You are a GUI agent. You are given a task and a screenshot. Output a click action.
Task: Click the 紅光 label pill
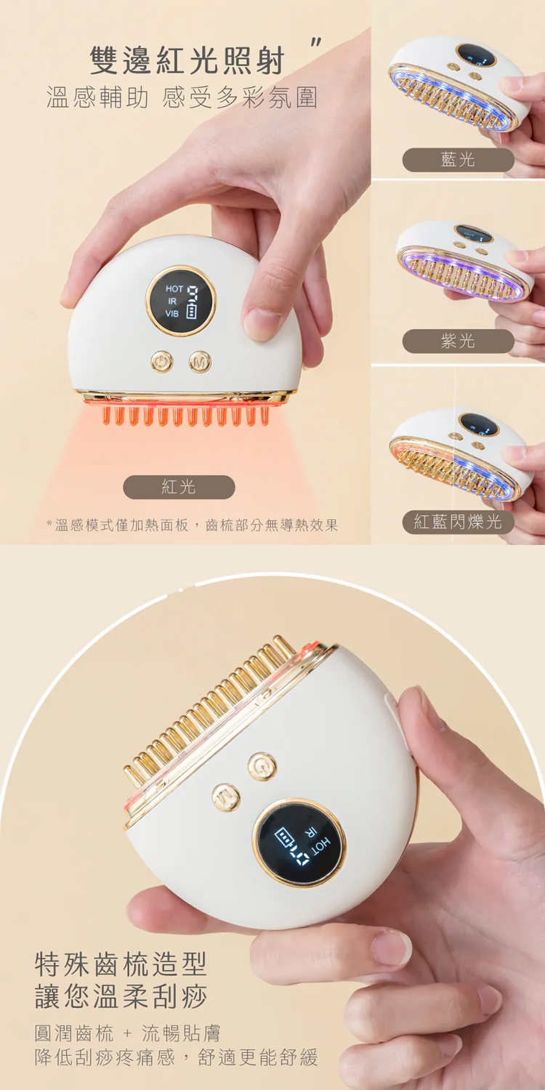[x=179, y=487]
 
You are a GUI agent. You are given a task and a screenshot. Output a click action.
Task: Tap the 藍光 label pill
[x=458, y=160]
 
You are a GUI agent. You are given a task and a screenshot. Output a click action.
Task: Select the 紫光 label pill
[x=458, y=341]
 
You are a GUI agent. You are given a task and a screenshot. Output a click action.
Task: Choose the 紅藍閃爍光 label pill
[x=458, y=522]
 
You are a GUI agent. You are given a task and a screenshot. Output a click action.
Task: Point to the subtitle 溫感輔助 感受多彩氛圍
[x=182, y=98]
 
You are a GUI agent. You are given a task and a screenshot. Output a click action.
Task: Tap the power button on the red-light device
[x=162, y=362]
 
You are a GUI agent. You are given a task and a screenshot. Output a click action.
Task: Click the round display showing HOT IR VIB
[x=180, y=301]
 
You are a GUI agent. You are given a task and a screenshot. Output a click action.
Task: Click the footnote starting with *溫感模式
[x=192, y=525]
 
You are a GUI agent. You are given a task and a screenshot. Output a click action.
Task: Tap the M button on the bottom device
[x=226, y=798]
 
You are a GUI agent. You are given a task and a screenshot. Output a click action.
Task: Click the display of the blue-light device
[x=475, y=55]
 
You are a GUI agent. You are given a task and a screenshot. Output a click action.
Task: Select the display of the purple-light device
[x=474, y=233]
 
